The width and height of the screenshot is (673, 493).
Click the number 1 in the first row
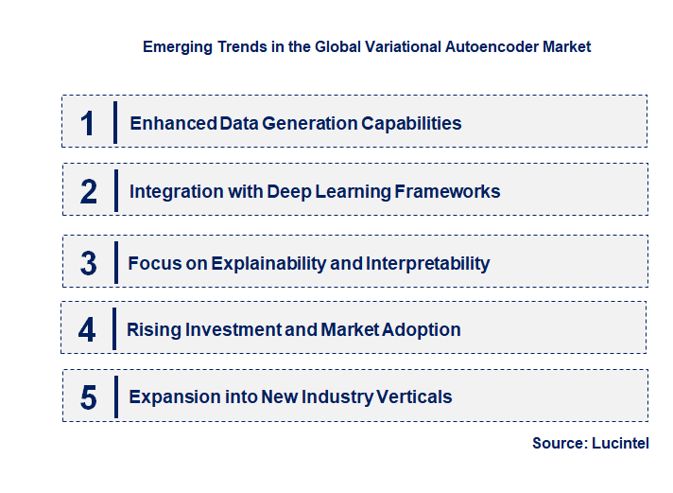click(x=88, y=123)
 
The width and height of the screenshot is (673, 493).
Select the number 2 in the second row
click(x=89, y=192)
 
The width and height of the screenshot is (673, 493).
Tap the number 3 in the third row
click(x=89, y=263)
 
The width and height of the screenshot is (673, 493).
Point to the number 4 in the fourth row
click(x=88, y=330)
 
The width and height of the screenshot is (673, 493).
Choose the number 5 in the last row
click(x=89, y=397)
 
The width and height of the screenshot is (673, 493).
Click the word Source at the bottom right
click(x=558, y=443)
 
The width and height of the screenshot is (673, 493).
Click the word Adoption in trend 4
click(x=422, y=330)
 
